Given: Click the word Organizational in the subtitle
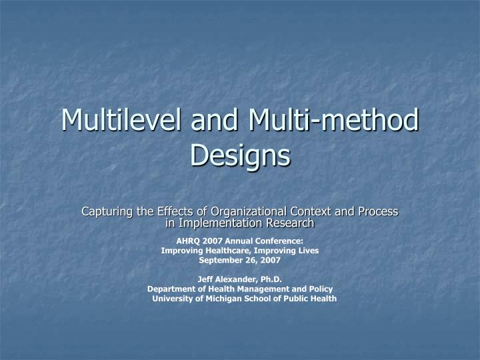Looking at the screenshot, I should (242, 211).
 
